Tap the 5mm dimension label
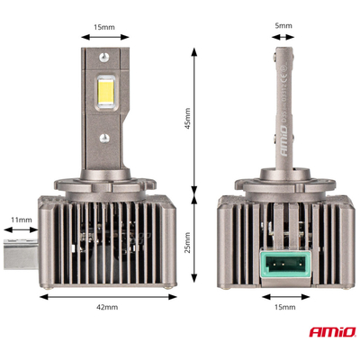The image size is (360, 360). [x=284, y=26]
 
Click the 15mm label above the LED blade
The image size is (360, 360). [x=104, y=26]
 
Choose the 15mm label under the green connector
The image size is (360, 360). [x=283, y=308]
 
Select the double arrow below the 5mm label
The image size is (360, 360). [x=284, y=38]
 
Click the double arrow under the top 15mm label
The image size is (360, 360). [x=104, y=38]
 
